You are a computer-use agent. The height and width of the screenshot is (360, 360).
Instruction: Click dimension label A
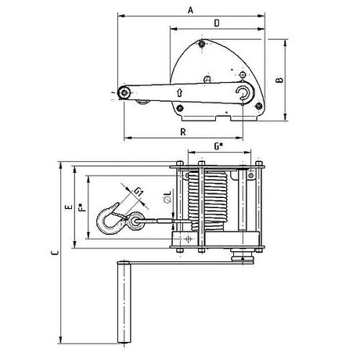[191, 10]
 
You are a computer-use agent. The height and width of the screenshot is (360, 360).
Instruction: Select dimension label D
[217, 23]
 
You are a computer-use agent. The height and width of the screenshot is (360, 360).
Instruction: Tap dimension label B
[279, 80]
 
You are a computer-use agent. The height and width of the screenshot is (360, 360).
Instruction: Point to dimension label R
[183, 131]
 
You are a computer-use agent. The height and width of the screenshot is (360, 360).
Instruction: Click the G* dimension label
[219, 146]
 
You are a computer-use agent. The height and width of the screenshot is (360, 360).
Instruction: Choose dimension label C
[55, 253]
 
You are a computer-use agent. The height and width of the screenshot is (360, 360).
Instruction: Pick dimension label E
[69, 207]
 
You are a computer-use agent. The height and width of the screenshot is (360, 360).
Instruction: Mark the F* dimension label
[82, 207]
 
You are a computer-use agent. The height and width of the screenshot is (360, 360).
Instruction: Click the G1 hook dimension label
[139, 192]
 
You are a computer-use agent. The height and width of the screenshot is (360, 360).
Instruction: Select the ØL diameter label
[167, 196]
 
